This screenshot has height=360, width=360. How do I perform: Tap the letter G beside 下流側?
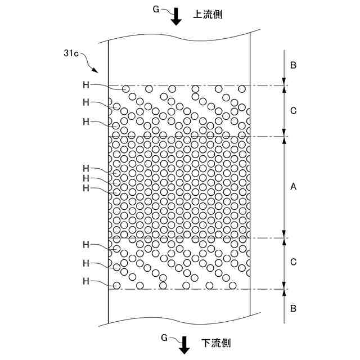pos(164,337)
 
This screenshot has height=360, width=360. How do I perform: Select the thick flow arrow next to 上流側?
pos(177,17)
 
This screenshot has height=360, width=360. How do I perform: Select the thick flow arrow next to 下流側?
pos(184,346)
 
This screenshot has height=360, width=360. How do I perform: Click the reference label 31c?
pos(72,53)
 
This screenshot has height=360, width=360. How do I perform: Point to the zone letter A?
pos(293,188)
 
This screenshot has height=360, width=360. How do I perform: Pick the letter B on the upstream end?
pos(293,65)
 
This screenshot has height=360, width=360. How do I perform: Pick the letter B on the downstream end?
pos(293,308)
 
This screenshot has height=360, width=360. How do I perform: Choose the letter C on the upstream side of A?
pos(293,111)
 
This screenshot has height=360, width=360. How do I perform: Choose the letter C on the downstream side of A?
pos(293,263)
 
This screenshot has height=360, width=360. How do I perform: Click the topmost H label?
pos(86,84)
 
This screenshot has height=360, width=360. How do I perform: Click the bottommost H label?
pos(86,281)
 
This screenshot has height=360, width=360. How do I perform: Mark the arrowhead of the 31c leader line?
pos(97,71)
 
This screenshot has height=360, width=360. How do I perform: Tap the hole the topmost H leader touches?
pos(126,89)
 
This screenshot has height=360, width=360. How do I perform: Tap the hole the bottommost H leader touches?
pos(116,285)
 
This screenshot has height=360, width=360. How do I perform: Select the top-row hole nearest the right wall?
pos(241,89)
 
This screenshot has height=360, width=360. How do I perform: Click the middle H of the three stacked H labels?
pos(86,178)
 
